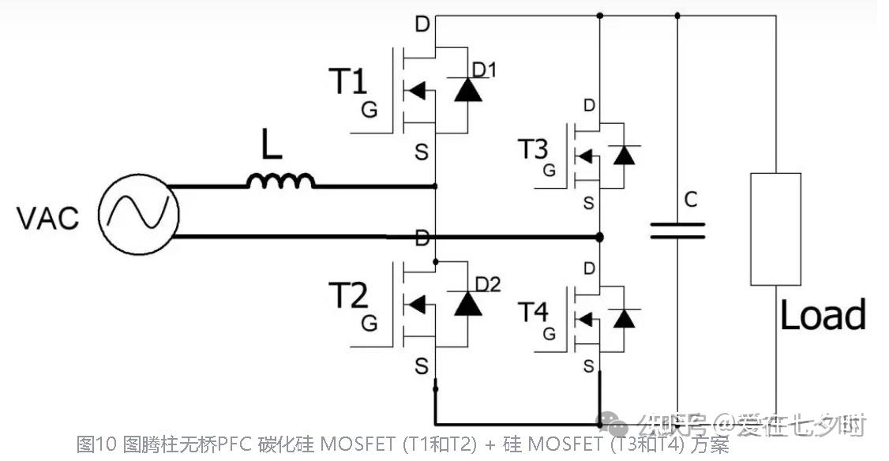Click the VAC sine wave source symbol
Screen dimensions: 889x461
coord(138,213)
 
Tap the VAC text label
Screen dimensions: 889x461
coord(48,218)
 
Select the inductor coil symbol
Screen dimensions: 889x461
coord(280,182)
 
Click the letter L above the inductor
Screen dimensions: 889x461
coord(272,148)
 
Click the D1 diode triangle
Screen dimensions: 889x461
coord(468,91)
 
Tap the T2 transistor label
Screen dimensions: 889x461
coord(348,295)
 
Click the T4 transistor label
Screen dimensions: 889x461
coord(533,312)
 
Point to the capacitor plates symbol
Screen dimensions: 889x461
coord(677,230)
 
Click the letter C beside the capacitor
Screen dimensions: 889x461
coord(691,201)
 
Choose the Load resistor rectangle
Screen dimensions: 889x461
coord(775,229)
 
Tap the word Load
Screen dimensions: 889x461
coord(822,315)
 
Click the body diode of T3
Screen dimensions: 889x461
coord(625,155)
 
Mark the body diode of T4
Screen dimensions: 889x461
coord(625,318)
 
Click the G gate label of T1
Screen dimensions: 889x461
coord(369,110)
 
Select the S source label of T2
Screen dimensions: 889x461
coord(422,366)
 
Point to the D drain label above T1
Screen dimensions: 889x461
coord(422,24)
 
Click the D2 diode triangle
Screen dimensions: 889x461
coord(468,303)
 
